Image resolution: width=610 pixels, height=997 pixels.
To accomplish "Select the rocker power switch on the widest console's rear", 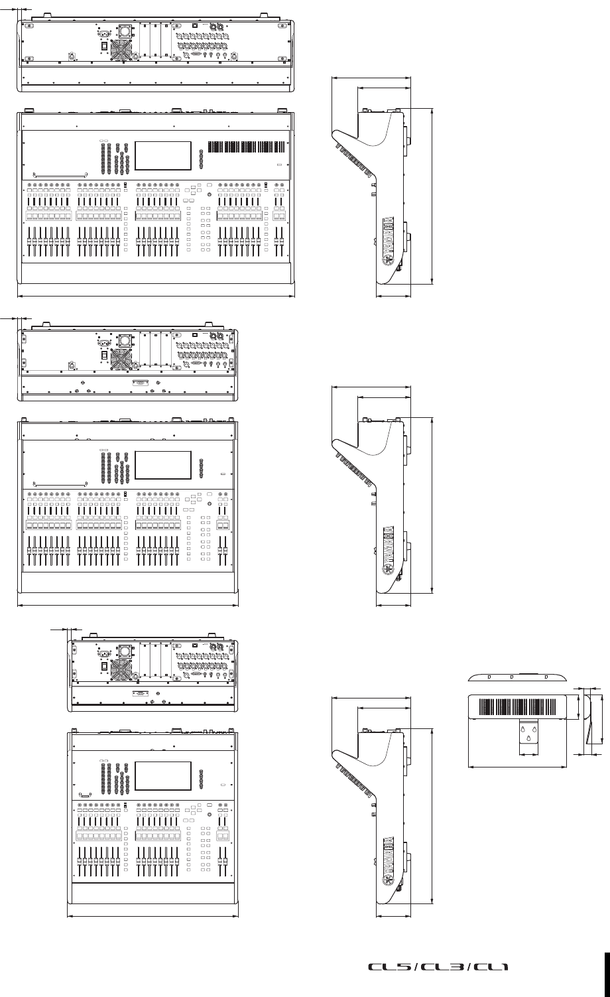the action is (103, 46).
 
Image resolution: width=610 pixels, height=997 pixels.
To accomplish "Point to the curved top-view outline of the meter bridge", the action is (517, 678).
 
